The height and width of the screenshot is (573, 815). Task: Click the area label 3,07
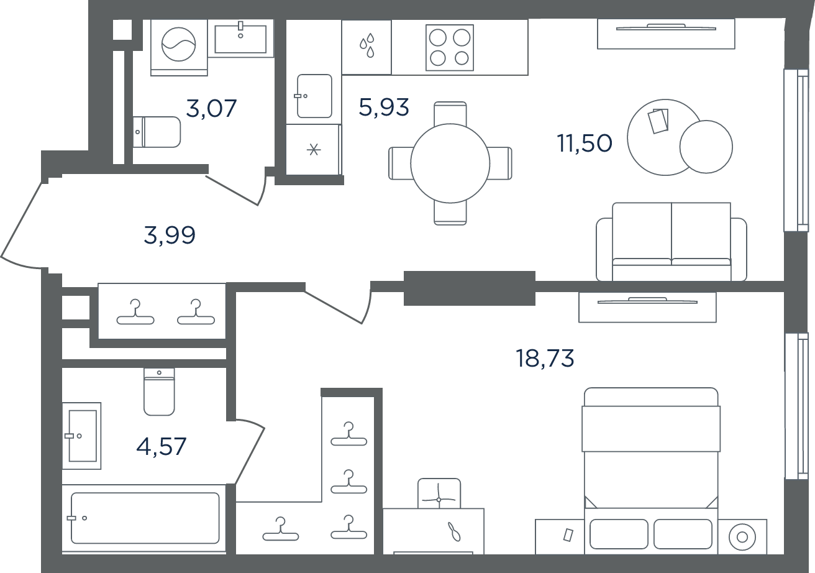coord(211,108)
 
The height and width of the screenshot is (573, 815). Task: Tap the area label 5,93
coord(384,107)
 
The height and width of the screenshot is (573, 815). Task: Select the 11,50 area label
coord(585,143)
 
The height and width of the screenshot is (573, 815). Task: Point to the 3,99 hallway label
coord(170,235)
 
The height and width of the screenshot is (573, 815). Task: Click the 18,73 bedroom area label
coord(545,358)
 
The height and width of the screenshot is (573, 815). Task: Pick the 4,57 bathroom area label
coord(161,446)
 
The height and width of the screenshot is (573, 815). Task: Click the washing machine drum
coord(179,44)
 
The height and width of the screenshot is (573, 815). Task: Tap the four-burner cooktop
coord(450,48)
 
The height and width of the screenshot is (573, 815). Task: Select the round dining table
coord(450,163)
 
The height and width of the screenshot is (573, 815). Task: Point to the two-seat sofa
coord(672,242)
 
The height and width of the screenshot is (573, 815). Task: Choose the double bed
coord(651,470)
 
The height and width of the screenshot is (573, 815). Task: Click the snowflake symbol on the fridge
coord(313,150)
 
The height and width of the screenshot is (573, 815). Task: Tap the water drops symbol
coord(367,45)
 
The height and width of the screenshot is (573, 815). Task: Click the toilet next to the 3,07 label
coord(157,132)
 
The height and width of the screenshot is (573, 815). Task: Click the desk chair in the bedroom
coord(439,493)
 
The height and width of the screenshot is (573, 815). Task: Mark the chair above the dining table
coord(450,114)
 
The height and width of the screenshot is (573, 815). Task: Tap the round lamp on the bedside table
coord(742,537)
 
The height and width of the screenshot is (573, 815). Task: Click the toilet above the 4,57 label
coord(159,392)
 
